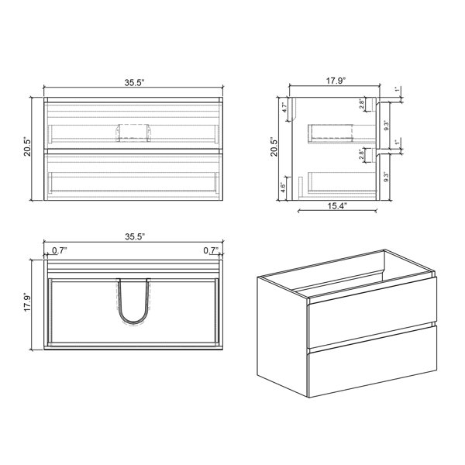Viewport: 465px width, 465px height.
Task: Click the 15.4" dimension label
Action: pos(337,206)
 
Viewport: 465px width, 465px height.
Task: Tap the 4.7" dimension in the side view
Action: pos(284,107)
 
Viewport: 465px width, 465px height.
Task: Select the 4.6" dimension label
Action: pos(283,187)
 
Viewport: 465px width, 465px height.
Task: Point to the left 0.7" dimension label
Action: pos(60,250)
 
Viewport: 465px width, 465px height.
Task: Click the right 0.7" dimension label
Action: pos(211,250)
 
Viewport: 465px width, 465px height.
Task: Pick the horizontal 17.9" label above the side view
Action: pos(336,81)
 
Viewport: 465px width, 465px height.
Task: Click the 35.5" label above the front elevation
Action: pos(134,82)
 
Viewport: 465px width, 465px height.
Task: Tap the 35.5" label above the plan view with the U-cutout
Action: pos(135,236)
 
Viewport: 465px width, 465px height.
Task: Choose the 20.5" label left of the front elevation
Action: pos(27,146)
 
